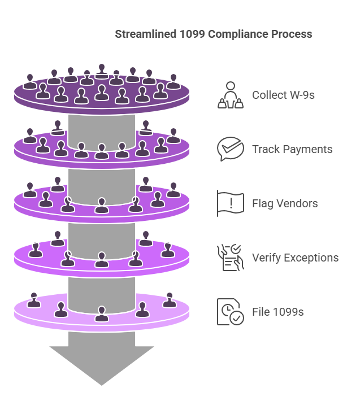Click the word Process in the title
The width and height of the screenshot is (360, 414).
(290, 34)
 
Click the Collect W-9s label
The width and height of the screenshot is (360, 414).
(283, 95)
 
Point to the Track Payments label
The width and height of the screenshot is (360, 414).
(292, 149)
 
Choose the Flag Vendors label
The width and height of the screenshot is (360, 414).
(285, 203)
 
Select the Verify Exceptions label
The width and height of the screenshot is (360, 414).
(295, 258)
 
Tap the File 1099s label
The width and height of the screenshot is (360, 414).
(278, 311)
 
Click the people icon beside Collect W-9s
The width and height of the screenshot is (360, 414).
(231, 95)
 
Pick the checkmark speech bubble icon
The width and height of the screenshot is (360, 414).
(231, 149)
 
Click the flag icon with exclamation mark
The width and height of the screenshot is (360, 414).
(231, 203)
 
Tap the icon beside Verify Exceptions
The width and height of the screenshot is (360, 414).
(231, 258)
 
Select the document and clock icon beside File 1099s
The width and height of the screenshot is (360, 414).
(231, 312)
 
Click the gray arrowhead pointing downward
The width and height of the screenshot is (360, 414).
(102, 361)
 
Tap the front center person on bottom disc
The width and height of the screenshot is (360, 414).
(102, 314)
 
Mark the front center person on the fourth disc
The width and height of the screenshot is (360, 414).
(102, 260)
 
